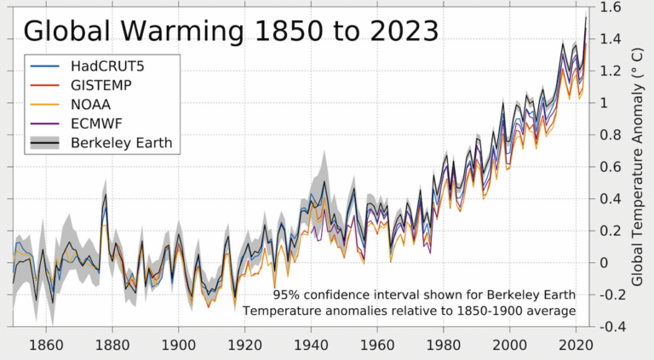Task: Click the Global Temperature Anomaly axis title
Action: pos(637,167)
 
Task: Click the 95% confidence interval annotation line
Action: pos(424,294)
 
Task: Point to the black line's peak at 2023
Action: pos(586,18)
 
